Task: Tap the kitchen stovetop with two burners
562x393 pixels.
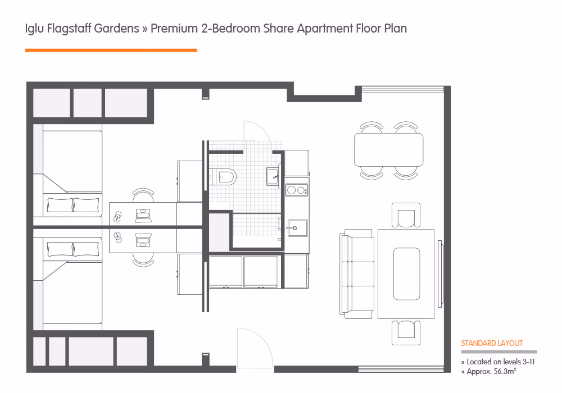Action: (x=297, y=190)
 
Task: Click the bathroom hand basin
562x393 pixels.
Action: (x=274, y=176)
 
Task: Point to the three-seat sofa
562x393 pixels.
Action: (x=357, y=274)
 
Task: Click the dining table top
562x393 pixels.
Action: (x=388, y=149)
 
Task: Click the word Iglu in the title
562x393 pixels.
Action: (x=35, y=29)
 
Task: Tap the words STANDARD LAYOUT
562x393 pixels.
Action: (x=492, y=343)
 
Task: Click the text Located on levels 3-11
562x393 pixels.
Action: (x=497, y=362)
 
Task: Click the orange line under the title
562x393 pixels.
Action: (x=111, y=51)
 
